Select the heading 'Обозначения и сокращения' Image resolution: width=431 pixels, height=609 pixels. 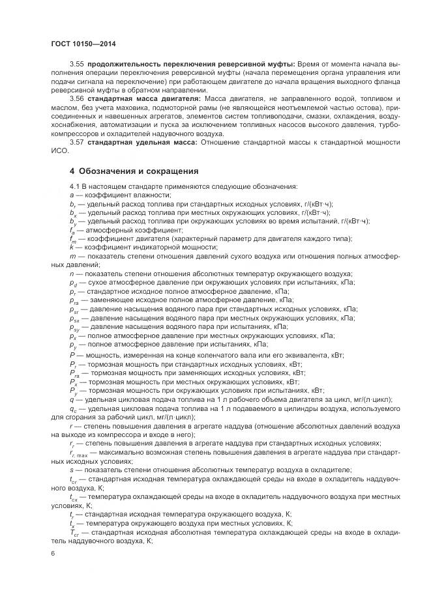[x=139, y=171]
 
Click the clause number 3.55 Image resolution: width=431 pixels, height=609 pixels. [x=76, y=64]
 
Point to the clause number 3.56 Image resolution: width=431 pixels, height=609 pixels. [x=76, y=97]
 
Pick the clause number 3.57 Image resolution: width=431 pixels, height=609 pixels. [x=76, y=141]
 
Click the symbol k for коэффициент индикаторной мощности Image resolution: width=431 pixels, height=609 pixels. [x=71, y=247]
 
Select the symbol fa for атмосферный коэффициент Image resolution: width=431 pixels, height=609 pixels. [x=72, y=230]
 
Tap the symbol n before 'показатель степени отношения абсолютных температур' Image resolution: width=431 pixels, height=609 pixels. [x=71, y=274]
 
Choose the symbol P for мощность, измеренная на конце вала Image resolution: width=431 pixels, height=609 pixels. [x=71, y=355]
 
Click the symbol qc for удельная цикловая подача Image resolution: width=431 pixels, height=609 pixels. [x=72, y=408]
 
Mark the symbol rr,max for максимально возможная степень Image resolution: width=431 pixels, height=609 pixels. [x=78, y=451]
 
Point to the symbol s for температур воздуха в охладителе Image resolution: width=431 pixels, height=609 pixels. [x=71, y=469]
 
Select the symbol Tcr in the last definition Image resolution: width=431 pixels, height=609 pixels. [x=73, y=531]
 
